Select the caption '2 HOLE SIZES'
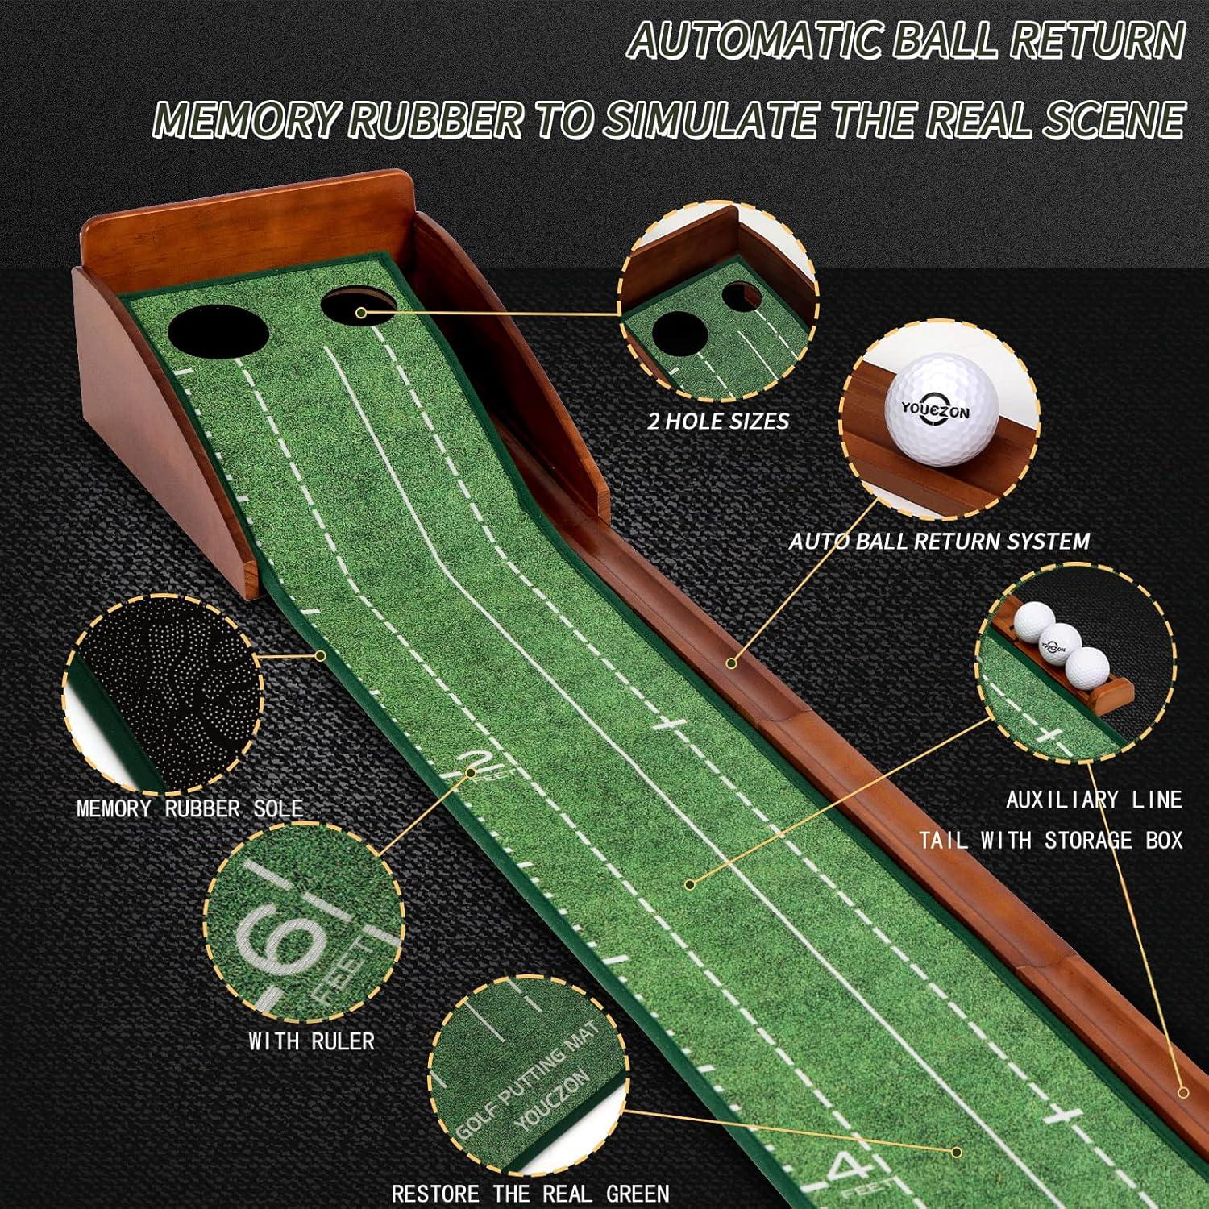click(x=718, y=422)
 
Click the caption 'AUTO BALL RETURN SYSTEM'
click(x=939, y=541)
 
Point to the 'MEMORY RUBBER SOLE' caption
click(x=189, y=808)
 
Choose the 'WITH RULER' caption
click(x=311, y=1041)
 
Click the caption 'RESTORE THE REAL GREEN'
click(x=530, y=1193)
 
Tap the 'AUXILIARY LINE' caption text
click(x=1093, y=800)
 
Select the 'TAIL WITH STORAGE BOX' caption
click(x=1051, y=840)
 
